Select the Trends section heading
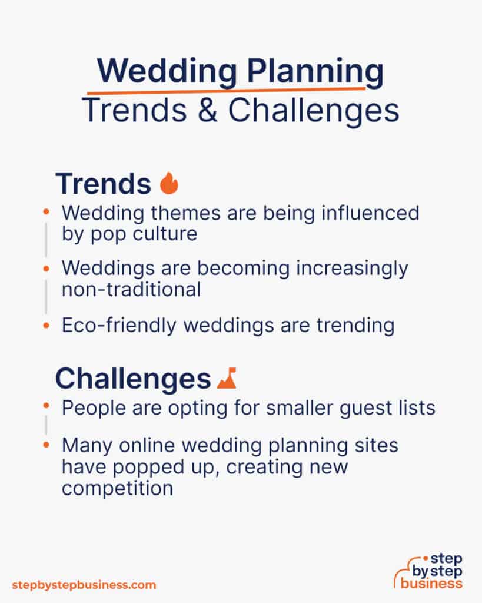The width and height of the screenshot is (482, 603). coord(103,184)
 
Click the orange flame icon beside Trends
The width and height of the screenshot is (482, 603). coord(169,183)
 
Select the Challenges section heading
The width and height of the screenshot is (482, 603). coord(133,379)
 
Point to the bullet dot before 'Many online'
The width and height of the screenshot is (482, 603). coord(46,446)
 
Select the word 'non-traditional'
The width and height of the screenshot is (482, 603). coord(131,290)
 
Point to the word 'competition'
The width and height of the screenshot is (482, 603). coord(117,488)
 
